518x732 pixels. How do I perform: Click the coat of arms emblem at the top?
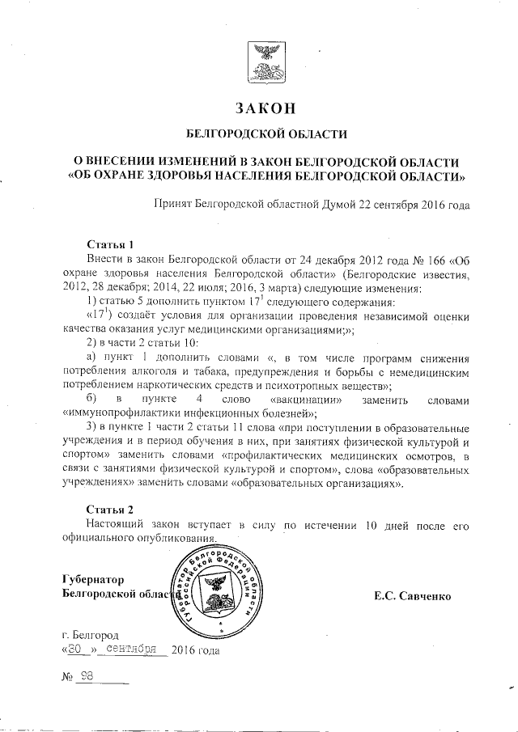tap(263, 63)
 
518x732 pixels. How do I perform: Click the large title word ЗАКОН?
tap(262, 108)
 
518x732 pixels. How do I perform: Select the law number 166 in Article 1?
tap(423, 260)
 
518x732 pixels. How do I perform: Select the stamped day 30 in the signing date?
tap(75, 649)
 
